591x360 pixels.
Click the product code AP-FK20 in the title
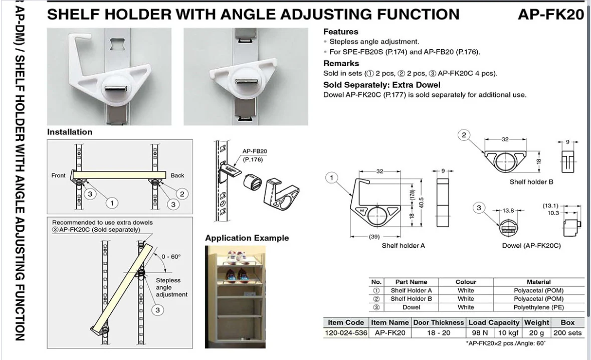(551, 15)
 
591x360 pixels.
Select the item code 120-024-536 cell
(346, 333)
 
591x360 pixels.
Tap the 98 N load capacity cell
(479, 333)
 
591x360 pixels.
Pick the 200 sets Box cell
(567, 333)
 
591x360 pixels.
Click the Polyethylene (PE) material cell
(538, 307)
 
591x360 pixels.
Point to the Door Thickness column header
(438, 323)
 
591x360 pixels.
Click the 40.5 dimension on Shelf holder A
(422, 203)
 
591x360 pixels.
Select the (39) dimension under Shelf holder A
(374, 237)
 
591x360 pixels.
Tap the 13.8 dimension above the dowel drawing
(508, 211)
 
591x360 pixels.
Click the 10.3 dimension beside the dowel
(553, 213)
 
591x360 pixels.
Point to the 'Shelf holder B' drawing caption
(531, 182)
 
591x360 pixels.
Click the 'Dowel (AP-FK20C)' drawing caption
(531, 245)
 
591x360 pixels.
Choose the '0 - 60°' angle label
(171, 257)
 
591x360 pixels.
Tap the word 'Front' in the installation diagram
(59, 175)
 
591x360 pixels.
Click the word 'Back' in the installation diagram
(177, 175)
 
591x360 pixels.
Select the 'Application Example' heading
(247, 238)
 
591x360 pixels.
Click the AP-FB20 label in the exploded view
(255, 151)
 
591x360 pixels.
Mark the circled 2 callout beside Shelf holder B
(464, 135)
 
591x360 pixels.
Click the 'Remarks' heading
(341, 63)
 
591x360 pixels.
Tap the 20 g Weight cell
(536, 333)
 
